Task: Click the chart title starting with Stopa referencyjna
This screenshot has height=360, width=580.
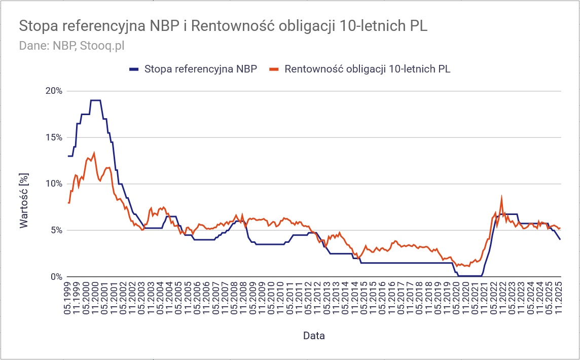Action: click(x=223, y=26)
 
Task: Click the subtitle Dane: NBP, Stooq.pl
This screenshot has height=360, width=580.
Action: click(x=71, y=46)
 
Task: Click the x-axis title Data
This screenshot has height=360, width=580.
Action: click(x=314, y=336)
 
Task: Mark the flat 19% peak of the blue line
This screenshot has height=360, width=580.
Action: click(x=95, y=100)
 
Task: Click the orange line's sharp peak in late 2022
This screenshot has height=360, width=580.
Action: click(x=501, y=197)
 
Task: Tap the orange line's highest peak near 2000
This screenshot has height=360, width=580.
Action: click(x=94, y=153)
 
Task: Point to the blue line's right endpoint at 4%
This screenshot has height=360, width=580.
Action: click(x=560, y=239)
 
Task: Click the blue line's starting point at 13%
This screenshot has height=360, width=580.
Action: click(x=68, y=156)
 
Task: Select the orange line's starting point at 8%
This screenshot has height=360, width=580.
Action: click(x=68, y=203)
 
